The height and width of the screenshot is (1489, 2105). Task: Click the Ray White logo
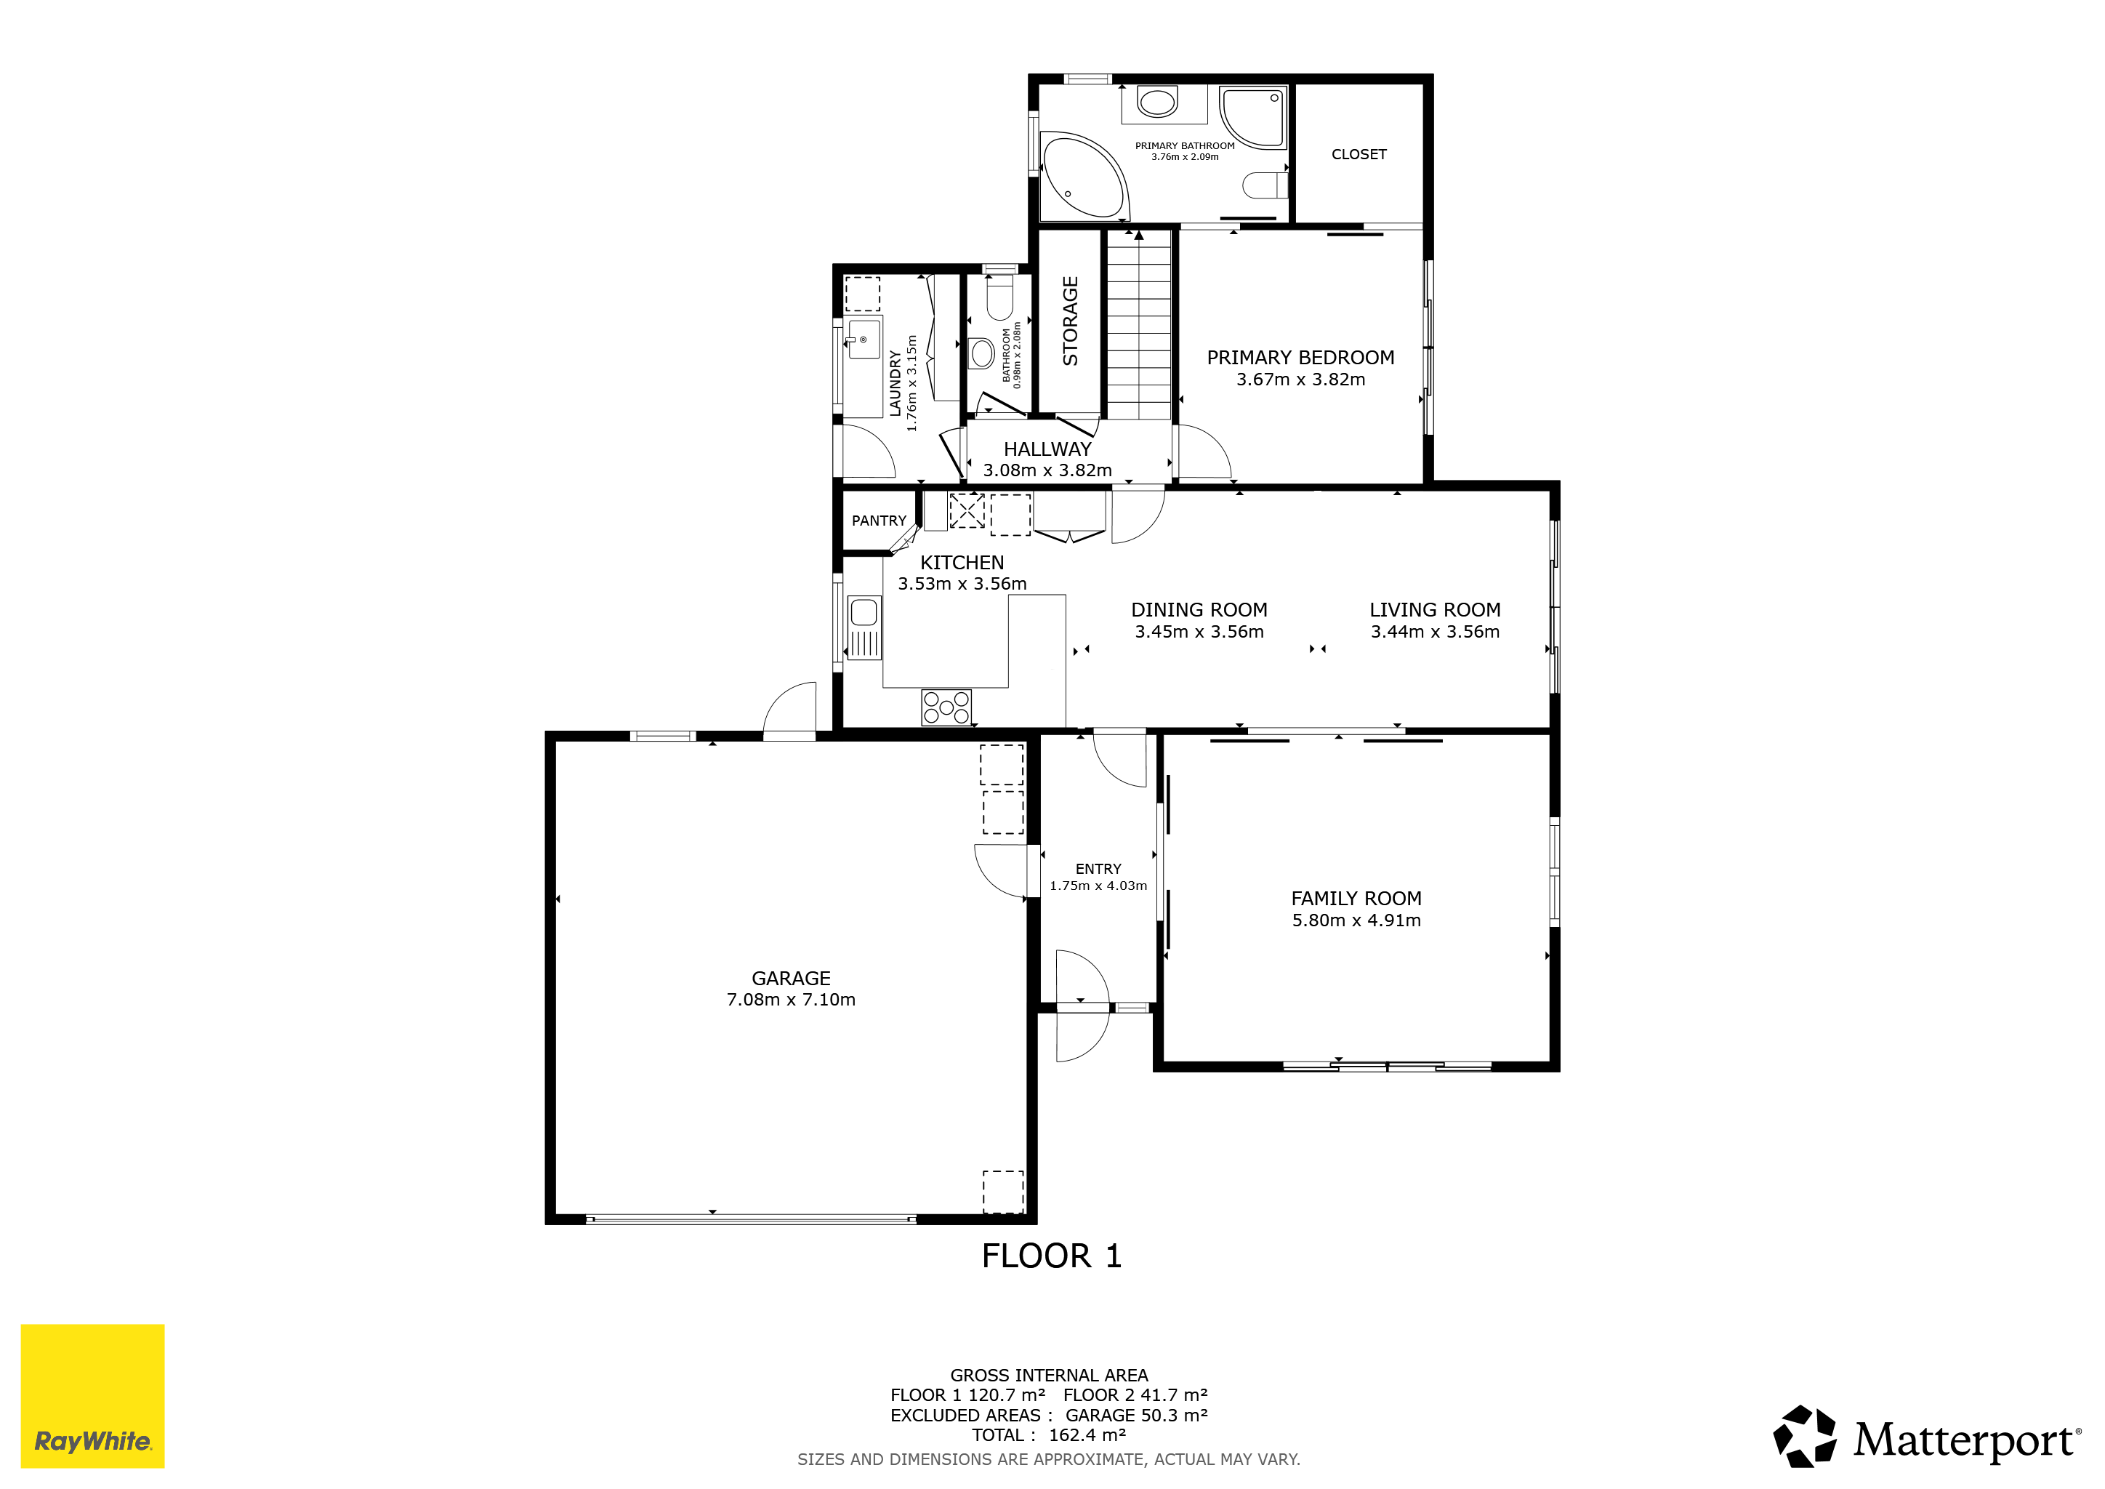pos(92,1395)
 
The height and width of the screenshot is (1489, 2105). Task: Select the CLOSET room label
pos(1359,155)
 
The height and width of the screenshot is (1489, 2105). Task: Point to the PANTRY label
pos(878,521)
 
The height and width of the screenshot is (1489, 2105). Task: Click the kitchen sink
pos(864,627)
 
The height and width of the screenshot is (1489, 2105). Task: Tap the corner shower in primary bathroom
pos(1253,116)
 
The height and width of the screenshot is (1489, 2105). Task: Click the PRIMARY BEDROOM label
pos(1300,358)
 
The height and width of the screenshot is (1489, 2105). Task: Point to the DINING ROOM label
pos(1199,611)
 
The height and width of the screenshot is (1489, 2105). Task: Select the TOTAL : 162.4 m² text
pos(1049,1435)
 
